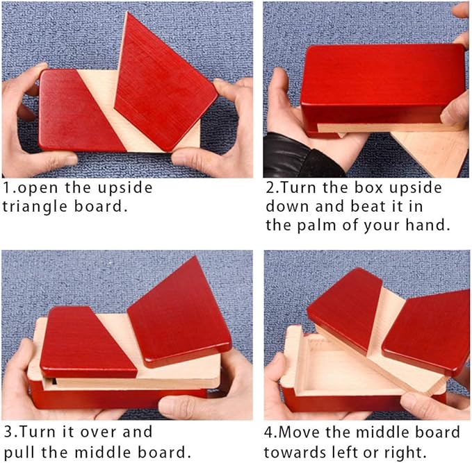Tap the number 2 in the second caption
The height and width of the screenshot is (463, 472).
(270, 188)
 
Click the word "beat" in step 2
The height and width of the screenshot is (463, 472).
(368, 206)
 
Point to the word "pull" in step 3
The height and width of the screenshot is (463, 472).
(20, 453)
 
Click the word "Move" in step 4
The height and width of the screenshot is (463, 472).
(300, 432)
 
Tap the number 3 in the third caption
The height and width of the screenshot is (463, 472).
(8, 432)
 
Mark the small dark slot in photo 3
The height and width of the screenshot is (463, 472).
(54, 381)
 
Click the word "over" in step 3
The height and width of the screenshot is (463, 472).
(100, 432)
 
